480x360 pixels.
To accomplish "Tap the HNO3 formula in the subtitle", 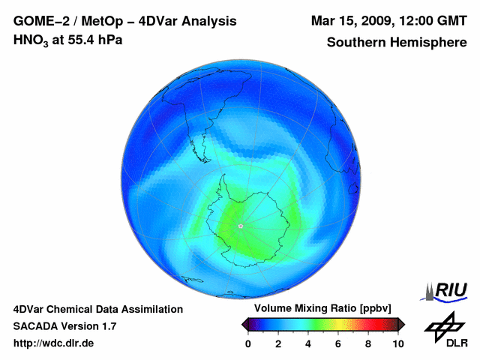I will click(x=31, y=40).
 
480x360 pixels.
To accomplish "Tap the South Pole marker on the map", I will click(x=240, y=225).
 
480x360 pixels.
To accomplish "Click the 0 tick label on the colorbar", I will click(x=248, y=343).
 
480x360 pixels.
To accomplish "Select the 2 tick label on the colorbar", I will click(x=278, y=343).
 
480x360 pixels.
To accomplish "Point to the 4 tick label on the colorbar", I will click(x=308, y=343).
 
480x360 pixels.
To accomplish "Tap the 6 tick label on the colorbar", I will click(x=338, y=343).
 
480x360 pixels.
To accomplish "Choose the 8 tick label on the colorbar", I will click(x=368, y=343).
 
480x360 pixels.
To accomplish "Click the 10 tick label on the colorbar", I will click(x=397, y=343).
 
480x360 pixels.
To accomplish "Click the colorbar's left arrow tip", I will click(x=243, y=324).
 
